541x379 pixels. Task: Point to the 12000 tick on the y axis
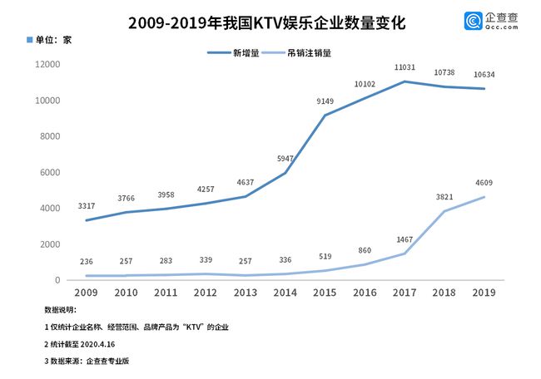point(47,65)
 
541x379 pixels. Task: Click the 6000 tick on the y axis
point(50,173)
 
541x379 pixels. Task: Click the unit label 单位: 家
point(52,40)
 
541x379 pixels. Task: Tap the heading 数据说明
point(49,309)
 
